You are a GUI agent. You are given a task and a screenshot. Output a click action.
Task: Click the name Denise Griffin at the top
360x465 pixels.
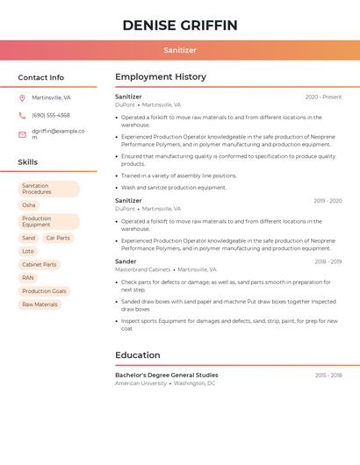[180, 25]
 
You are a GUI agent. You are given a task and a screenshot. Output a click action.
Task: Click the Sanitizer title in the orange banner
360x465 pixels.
[180, 50]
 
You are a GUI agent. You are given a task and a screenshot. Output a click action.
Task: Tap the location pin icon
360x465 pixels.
[22, 97]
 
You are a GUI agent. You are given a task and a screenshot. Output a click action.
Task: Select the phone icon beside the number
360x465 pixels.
[22, 115]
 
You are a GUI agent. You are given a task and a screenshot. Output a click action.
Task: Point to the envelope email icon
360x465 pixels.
[22, 134]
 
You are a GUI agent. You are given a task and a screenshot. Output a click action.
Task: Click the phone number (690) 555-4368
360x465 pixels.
[51, 115]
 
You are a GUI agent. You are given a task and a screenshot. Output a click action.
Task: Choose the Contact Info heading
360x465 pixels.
[40, 77]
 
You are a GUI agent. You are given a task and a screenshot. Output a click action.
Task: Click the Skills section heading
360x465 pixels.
[27, 162]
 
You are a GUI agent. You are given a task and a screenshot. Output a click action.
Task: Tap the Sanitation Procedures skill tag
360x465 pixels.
[48, 189]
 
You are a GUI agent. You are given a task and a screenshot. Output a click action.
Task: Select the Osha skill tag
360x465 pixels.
[29, 204]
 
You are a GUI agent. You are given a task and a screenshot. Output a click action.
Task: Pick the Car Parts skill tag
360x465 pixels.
[58, 238]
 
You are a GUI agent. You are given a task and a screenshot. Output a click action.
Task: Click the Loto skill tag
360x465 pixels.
[28, 251]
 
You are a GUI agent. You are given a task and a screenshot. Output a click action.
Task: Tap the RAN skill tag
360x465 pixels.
[28, 277]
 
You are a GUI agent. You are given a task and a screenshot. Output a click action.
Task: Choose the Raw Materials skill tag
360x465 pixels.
[40, 304]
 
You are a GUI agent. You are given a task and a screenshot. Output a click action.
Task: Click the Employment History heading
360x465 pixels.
[161, 77]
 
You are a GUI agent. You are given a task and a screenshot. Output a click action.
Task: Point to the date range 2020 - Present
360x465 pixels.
[323, 97]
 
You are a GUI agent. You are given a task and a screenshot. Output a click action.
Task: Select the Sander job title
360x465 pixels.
[126, 261]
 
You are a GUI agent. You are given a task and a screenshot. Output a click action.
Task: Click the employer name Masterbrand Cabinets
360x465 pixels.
[143, 270]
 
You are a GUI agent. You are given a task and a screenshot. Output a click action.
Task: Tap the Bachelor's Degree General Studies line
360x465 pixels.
[167, 375]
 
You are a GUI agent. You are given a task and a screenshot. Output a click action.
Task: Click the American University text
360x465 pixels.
[140, 383]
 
